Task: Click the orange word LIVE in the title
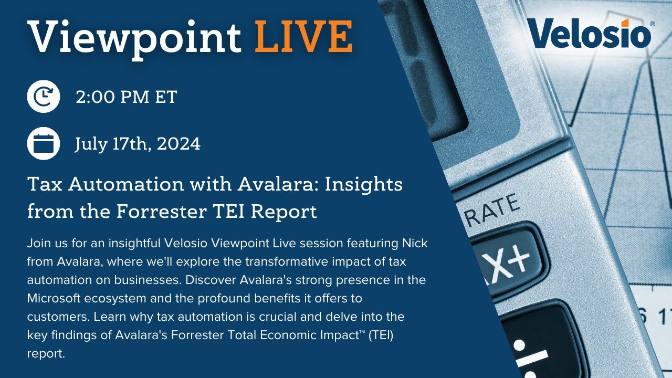point(303,36)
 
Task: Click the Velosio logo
point(590,33)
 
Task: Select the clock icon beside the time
point(43,97)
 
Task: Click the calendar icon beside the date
point(43,143)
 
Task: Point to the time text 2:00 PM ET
point(126,97)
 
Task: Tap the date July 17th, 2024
point(138,143)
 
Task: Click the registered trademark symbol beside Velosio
point(653,24)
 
